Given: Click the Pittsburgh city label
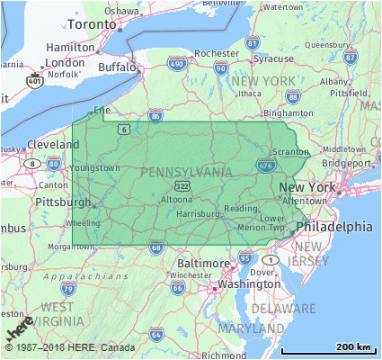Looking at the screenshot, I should click(x=62, y=202).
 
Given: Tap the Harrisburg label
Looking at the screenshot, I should click(x=198, y=214).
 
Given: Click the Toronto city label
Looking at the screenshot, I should click(x=92, y=23).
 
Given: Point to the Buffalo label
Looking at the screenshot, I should click(x=117, y=67).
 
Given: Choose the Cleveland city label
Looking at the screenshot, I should click(x=53, y=144).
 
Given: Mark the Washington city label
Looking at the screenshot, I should click(x=248, y=283).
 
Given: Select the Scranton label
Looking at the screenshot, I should click(x=313, y=153).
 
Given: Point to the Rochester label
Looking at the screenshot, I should click(x=217, y=53).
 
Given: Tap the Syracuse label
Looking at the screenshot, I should click(x=272, y=58).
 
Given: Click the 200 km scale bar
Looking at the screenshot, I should click(x=325, y=349).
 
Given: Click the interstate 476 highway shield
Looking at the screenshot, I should click(x=265, y=165).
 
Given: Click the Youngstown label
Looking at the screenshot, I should click(x=96, y=167).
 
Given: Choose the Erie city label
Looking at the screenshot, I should click(x=102, y=111).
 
